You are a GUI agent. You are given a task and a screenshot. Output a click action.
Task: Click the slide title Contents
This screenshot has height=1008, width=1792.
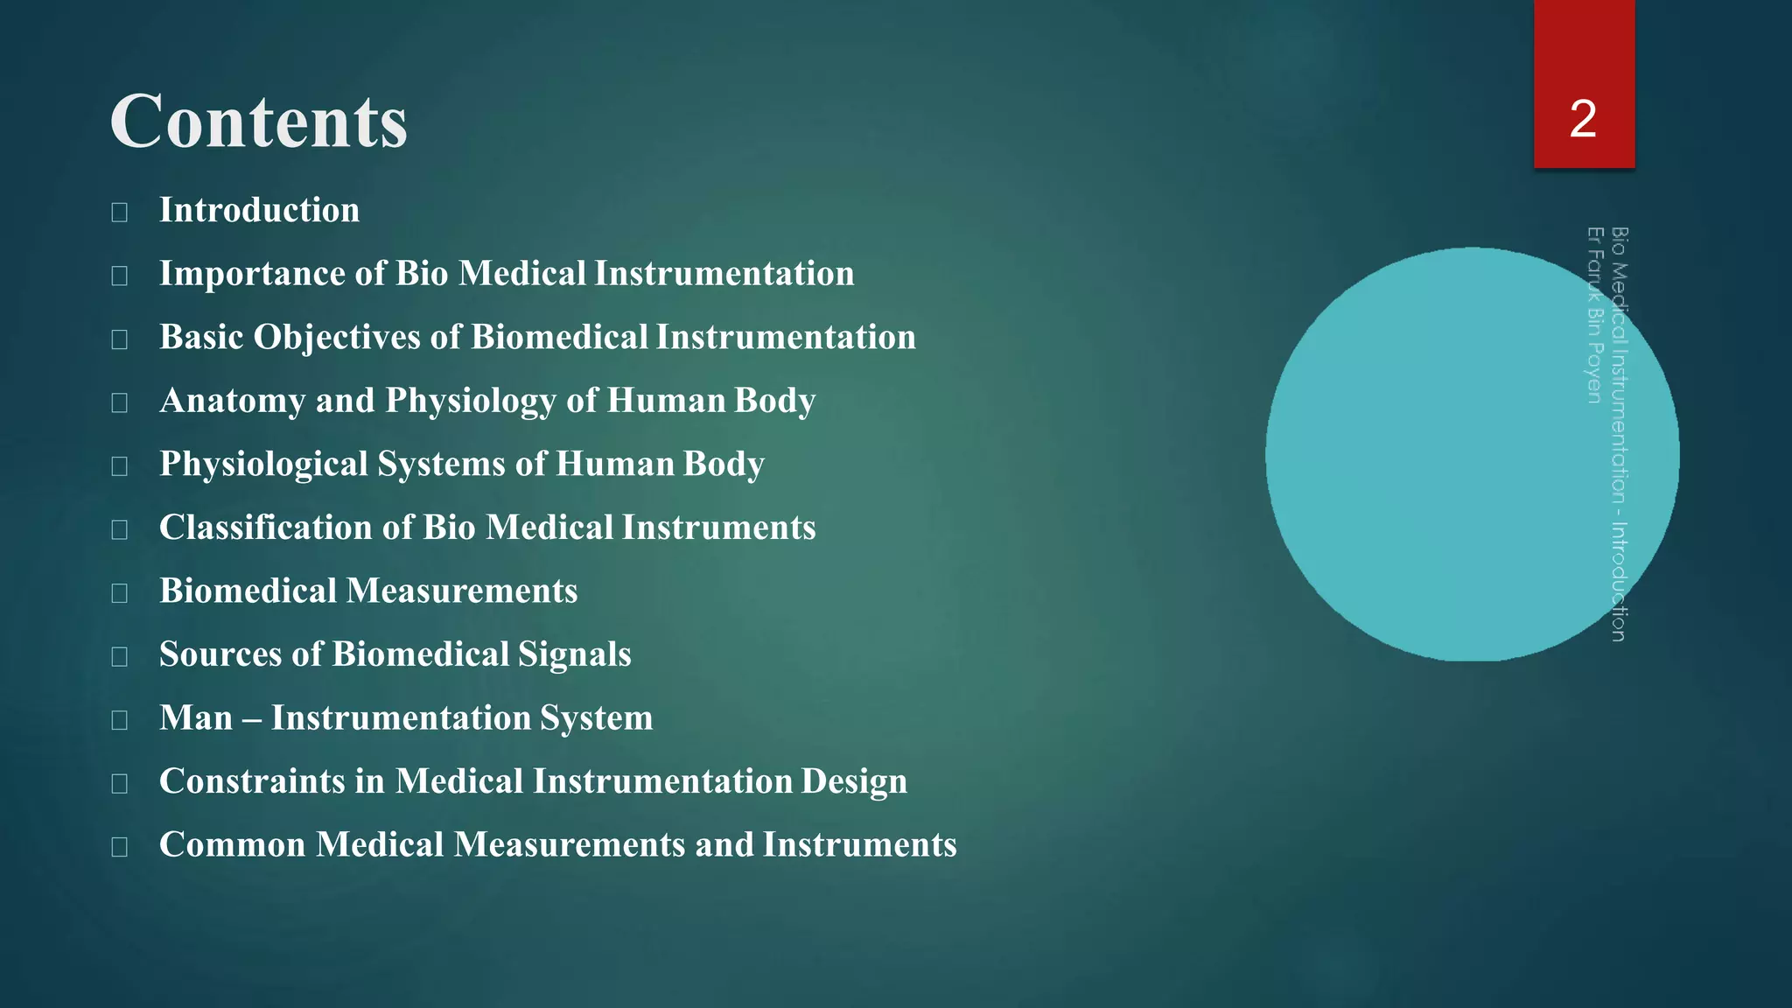259,122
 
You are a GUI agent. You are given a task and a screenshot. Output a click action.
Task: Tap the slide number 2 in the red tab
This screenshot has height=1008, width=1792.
1583,119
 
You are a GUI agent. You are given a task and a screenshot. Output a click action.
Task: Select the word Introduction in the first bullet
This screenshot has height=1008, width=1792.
259,210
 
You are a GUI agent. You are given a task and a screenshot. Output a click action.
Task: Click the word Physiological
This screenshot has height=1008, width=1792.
263,465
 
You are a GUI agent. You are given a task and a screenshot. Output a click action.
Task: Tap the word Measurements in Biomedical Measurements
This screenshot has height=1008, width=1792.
462,591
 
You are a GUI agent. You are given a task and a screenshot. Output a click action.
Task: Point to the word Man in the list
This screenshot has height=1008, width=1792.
196,718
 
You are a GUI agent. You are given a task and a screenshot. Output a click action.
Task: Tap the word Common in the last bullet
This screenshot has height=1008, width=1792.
232,845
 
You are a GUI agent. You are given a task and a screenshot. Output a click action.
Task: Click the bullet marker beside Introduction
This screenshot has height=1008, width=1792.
120,212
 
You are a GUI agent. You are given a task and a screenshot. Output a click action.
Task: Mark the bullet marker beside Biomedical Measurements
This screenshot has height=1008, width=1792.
120,593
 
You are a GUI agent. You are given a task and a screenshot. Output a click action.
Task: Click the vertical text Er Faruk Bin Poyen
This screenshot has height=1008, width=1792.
1594,315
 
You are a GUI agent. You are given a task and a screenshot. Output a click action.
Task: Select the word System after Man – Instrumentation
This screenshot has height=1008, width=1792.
596,718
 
